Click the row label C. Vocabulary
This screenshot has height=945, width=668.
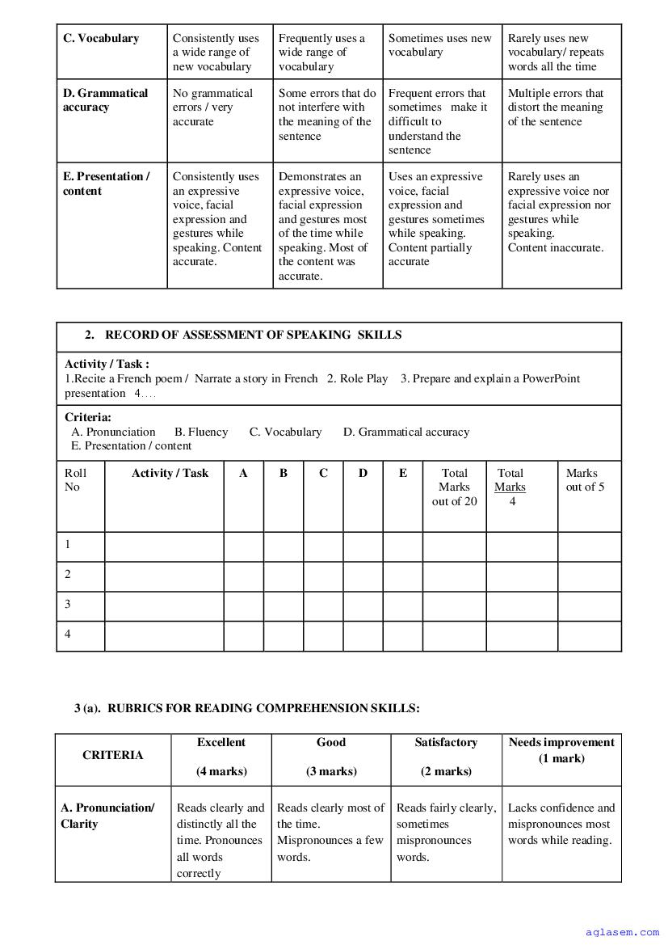pos(101,38)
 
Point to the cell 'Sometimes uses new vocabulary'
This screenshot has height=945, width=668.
pos(439,45)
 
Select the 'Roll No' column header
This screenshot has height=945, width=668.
pos(75,480)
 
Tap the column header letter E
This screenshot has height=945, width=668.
pos(403,474)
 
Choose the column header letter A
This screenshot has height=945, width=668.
pos(243,474)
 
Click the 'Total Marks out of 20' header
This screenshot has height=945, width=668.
pos(454,487)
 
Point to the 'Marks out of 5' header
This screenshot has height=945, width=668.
pos(585,480)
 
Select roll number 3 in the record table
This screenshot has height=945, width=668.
pos(68,604)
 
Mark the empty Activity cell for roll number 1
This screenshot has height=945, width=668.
pos(164,545)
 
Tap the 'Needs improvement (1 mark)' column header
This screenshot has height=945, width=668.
pos(561,750)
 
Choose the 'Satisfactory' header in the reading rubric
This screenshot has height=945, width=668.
pos(446,742)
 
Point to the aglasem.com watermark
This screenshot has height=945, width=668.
pos(623,932)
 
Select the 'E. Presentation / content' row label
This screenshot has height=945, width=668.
pos(107,184)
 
